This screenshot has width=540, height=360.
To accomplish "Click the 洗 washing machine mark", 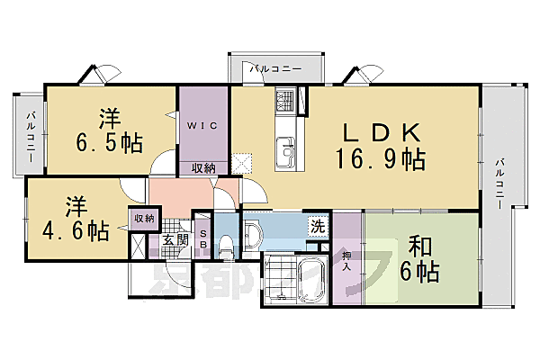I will (x=318, y=226).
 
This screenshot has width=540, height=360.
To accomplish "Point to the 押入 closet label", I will (x=346, y=261).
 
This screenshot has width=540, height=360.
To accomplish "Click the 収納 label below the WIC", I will (x=202, y=168).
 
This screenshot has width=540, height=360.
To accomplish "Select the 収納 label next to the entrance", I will (x=144, y=217).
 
